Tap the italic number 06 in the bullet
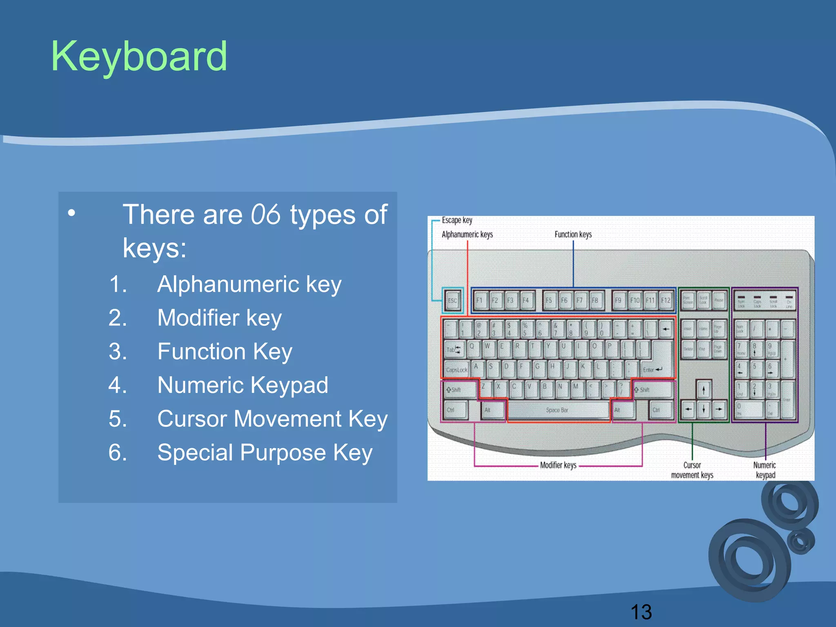pyautogui.click(x=265, y=214)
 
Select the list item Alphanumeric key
pyautogui.click(x=249, y=284)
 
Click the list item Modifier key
pyautogui.click(x=219, y=318)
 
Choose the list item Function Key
pyautogui.click(x=225, y=351)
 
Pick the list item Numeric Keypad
pyautogui.click(x=242, y=385)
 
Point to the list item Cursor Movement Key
pyautogui.click(x=272, y=419)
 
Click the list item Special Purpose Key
pyautogui.click(x=265, y=453)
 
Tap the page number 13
pyautogui.click(x=641, y=612)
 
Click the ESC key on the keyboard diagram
pyautogui.click(x=452, y=301)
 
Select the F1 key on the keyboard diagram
pyautogui.click(x=480, y=301)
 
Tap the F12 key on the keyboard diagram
pyautogui.click(x=665, y=301)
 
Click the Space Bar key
pyautogui.click(x=557, y=410)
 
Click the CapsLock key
pyautogui.click(x=456, y=370)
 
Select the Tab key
pyautogui.click(x=453, y=349)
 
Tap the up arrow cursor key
pyautogui.click(x=703, y=390)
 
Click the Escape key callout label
pyautogui.click(x=457, y=220)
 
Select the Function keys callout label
pyautogui.click(x=573, y=234)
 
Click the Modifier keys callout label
pyautogui.click(x=558, y=465)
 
